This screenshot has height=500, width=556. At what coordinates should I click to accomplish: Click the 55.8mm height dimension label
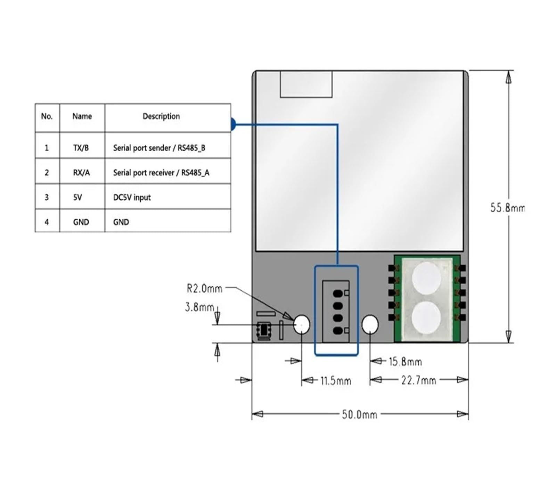(507, 208)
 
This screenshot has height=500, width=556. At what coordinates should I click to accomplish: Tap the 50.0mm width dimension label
(359, 414)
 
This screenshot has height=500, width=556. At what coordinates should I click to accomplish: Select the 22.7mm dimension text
(418, 380)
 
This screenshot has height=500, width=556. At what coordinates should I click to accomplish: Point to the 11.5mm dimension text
(335, 381)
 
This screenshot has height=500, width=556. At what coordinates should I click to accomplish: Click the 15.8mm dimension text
(405, 362)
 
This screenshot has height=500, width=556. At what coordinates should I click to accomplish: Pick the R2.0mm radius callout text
(204, 288)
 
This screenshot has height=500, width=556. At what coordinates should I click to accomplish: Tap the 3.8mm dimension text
(199, 307)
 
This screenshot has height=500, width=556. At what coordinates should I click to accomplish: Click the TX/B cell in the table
(81, 148)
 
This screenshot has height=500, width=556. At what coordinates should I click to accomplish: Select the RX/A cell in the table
(81, 172)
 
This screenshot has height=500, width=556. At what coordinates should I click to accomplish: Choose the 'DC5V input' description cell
(132, 197)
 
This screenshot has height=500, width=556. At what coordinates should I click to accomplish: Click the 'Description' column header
(161, 116)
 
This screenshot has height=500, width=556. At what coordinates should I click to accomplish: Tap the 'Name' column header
(82, 116)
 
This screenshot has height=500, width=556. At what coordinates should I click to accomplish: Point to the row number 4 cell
(47, 222)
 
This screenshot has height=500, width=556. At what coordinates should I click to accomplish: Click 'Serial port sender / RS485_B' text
(159, 148)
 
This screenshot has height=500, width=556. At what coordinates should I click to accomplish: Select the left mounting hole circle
(302, 324)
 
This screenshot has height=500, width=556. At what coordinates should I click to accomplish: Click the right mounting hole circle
(370, 324)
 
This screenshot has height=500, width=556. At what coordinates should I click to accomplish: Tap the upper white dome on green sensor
(426, 277)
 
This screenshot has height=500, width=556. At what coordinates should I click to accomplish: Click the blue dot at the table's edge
(233, 124)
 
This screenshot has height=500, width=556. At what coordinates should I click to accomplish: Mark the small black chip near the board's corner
(264, 330)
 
